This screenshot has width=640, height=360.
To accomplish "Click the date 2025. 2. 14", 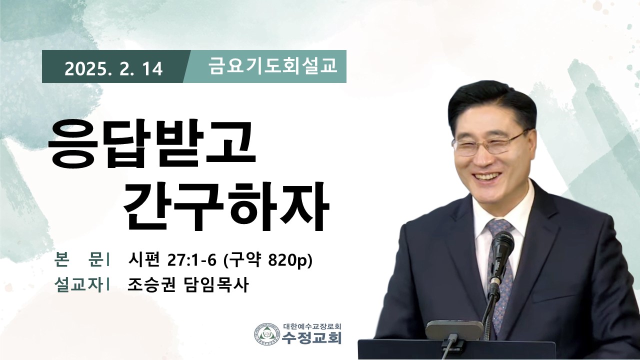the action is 113,68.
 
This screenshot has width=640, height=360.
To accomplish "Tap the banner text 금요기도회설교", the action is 273,66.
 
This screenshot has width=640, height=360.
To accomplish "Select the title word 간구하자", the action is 227,205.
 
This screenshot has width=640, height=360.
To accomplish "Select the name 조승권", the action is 151,285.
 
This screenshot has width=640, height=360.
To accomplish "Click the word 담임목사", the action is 215,285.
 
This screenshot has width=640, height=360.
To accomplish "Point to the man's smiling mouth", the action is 488,176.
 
